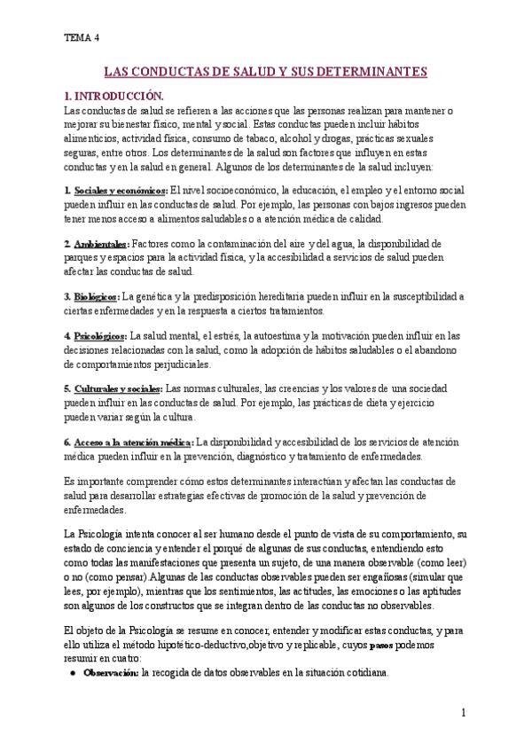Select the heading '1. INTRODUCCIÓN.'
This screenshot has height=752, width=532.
click(x=114, y=95)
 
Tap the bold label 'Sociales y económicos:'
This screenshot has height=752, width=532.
click(x=121, y=190)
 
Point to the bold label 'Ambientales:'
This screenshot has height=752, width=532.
click(x=102, y=242)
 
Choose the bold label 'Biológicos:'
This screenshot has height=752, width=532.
click(x=97, y=295)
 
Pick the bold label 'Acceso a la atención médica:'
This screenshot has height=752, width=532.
click(x=134, y=441)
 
